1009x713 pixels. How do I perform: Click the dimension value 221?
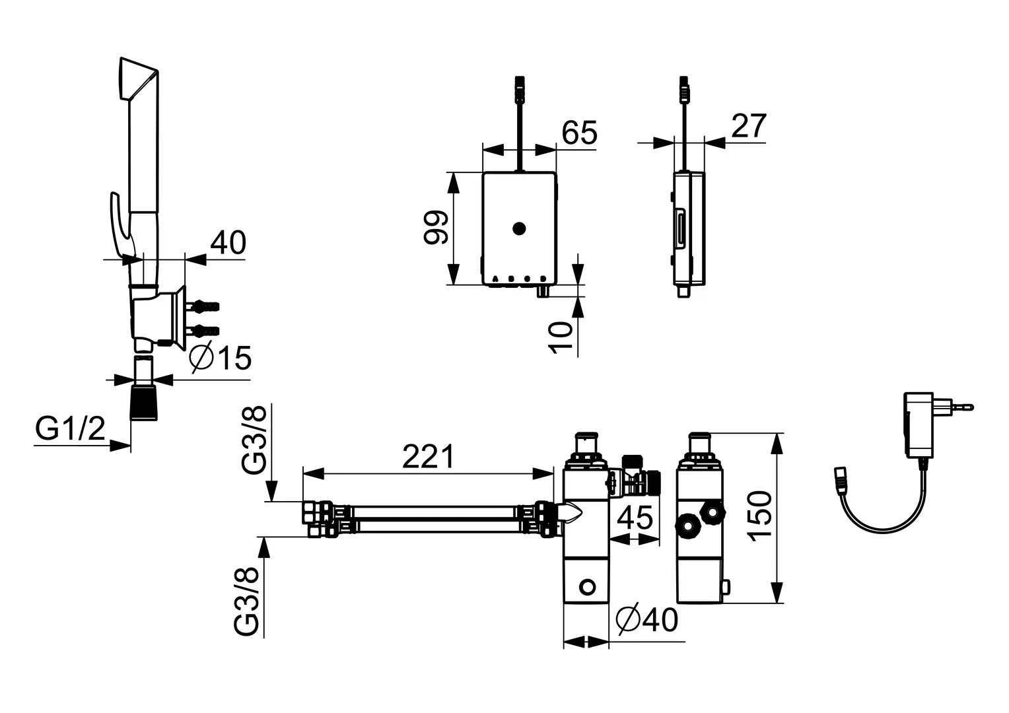pyautogui.click(x=428, y=456)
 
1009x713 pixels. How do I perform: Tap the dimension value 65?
pyautogui.click(x=579, y=133)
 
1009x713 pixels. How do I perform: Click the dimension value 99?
pyautogui.click(x=436, y=228)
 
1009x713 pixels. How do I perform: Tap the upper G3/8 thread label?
pyautogui.click(x=254, y=439)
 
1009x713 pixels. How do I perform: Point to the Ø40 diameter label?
pyautogui.click(x=647, y=620)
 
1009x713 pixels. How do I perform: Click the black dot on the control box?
pyautogui.click(x=519, y=229)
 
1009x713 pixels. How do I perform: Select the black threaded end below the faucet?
pyautogui.click(x=144, y=402)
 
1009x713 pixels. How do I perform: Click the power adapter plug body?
pyautogui.click(x=919, y=424)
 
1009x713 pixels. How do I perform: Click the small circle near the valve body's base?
pyautogui.click(x=588, y=587)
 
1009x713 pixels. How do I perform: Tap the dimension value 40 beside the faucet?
pyautogui.click(x=228, y=243)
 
